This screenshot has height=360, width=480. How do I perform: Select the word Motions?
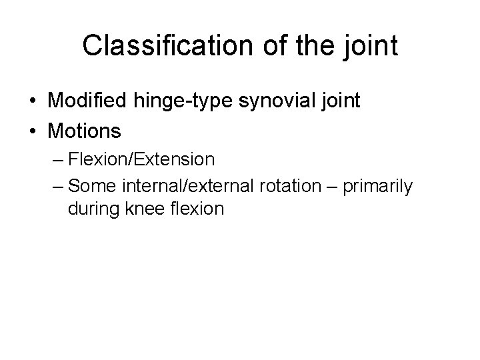pyautogui.click(x=85, y=131)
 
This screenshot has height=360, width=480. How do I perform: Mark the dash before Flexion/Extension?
pyautogui.click(x=57, y=160)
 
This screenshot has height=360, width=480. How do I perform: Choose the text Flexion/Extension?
pyautogui.click(x=141, y=160)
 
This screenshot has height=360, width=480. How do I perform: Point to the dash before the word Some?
pyautogui.click(x=57, y=186)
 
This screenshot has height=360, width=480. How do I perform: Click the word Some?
pyautogui.click(x=89, y=186)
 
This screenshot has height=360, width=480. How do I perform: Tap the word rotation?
pyautogui.click(x=291, y=186)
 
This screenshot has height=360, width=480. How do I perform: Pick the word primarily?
pyautogui.click(x=379, y=186)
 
